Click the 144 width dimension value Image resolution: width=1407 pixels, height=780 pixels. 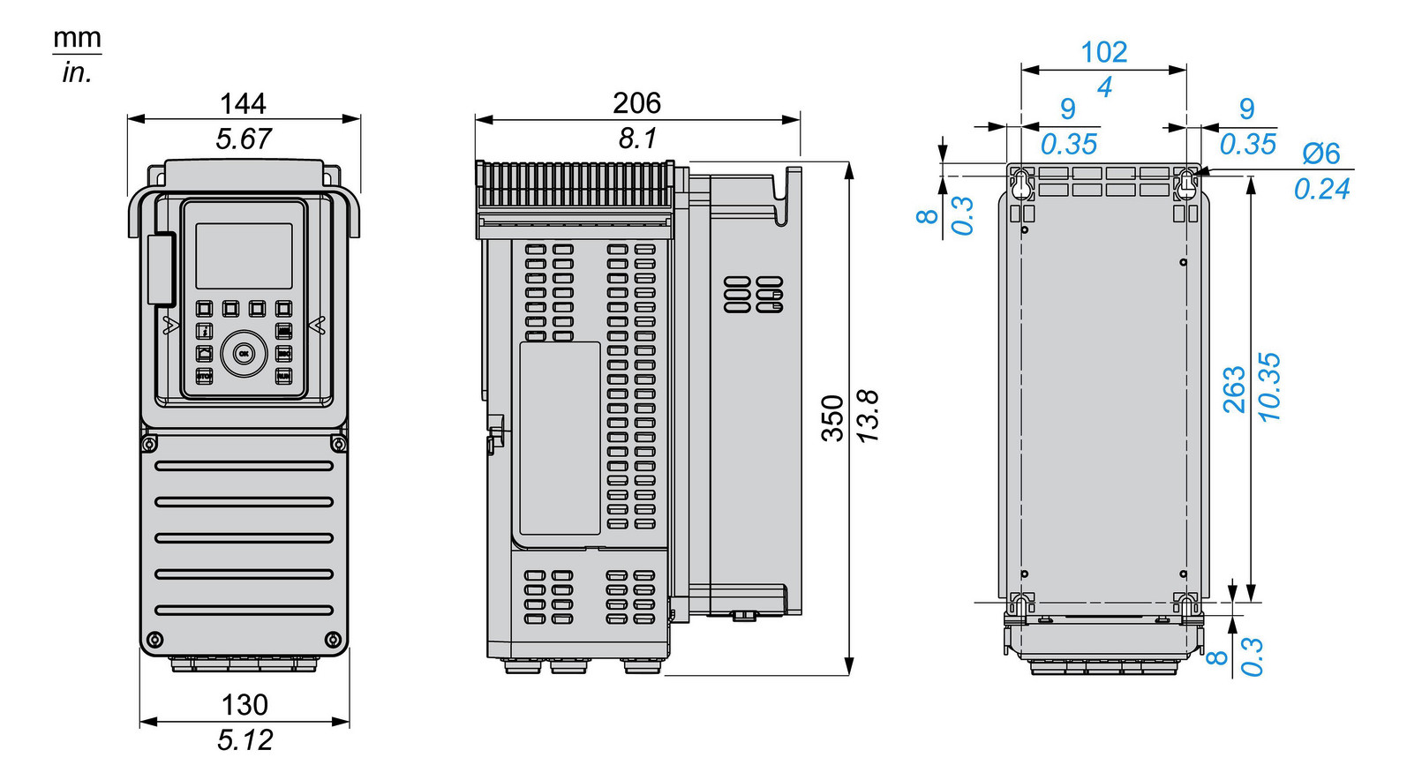[x=243, y=104]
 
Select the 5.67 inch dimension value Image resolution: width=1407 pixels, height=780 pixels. [x=244, y=139]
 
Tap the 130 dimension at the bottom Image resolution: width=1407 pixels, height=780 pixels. [x=245, y=705]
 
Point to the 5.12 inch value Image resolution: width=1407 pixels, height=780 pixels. [x=245, y=740]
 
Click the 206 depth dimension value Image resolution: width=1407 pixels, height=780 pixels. [x=636, y=103]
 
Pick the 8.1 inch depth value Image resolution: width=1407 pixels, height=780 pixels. [x=636, y=139]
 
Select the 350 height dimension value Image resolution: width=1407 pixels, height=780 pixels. [x=832, y=418]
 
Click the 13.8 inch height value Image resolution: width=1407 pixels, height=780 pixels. [x=868, y=416]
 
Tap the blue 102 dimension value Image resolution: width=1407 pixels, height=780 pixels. [x=1103, y=52]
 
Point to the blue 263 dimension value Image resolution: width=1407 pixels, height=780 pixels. [x=1234, y=389]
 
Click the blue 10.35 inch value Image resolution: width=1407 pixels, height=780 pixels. [x=1269, y=387]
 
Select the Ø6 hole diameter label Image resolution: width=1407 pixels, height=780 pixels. [x=1320, y=154]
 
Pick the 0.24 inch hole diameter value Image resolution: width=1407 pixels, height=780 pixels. [x=1321, y=189]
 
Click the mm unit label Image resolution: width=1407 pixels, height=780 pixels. [x=77, y=39]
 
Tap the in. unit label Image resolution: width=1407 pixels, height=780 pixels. [x=77, y=73]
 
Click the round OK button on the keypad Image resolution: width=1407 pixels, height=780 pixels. [x=244, y=353]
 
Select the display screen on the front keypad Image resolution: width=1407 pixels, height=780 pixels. [x=244, y=256]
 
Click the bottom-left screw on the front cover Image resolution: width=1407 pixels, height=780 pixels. [x=154, y=639]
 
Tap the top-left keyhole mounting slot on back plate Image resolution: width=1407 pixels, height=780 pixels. [x=1021, y=184]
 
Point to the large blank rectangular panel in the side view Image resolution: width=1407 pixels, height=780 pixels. [x=560, y=439]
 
